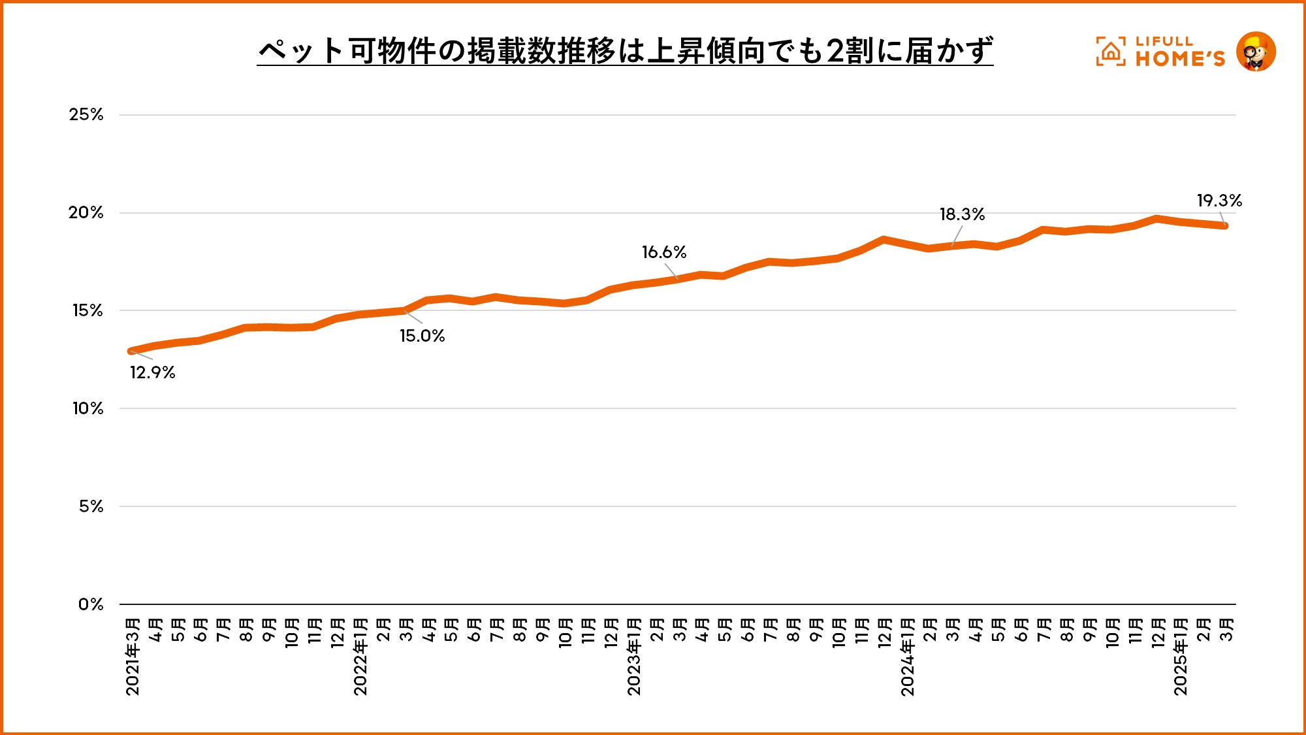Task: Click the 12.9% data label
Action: pyautogui.click(x=152, y=372)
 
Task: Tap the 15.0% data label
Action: pyautogui.click(x=422, y=336)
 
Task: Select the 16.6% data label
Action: pyautogui.click(x=663, y=252)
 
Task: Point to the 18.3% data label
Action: pyautogui.click(x=962, y=214)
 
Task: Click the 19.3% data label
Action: pyautogui.click(x=1218, y=201)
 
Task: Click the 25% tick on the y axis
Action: pyautogui.click(x=86, y=115)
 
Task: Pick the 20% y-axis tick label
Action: pyautogui.click(x=86, y=213)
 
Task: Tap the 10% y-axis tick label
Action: pyautogui.click(x=88, y=409)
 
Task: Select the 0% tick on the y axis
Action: pyautogui.click(x=91, y=604)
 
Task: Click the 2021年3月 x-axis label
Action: pyautogui.click(x=133, y=656)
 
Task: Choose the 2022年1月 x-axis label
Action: pyautogui.click(x=360, y=656)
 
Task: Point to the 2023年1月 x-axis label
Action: pyautogui.click(x=634, y=656)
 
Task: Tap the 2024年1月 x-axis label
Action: pyautogui.click(x=908, y=656)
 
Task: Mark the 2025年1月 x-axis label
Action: pyautogui.click(x=1181, y=656)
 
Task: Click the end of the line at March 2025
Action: pyautogui.click(x=1225, y=226)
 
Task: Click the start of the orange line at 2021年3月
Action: pyautogui.click(x=131, y=351)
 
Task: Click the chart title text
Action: pyautogui.click(x=625, y=51)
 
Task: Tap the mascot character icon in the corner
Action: pyautogui.click(x=1256, y=51)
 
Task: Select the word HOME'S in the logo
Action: pyautogui.click(x=1180, y=59)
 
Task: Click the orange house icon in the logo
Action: pyautogui.click(x=1111, y=51)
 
